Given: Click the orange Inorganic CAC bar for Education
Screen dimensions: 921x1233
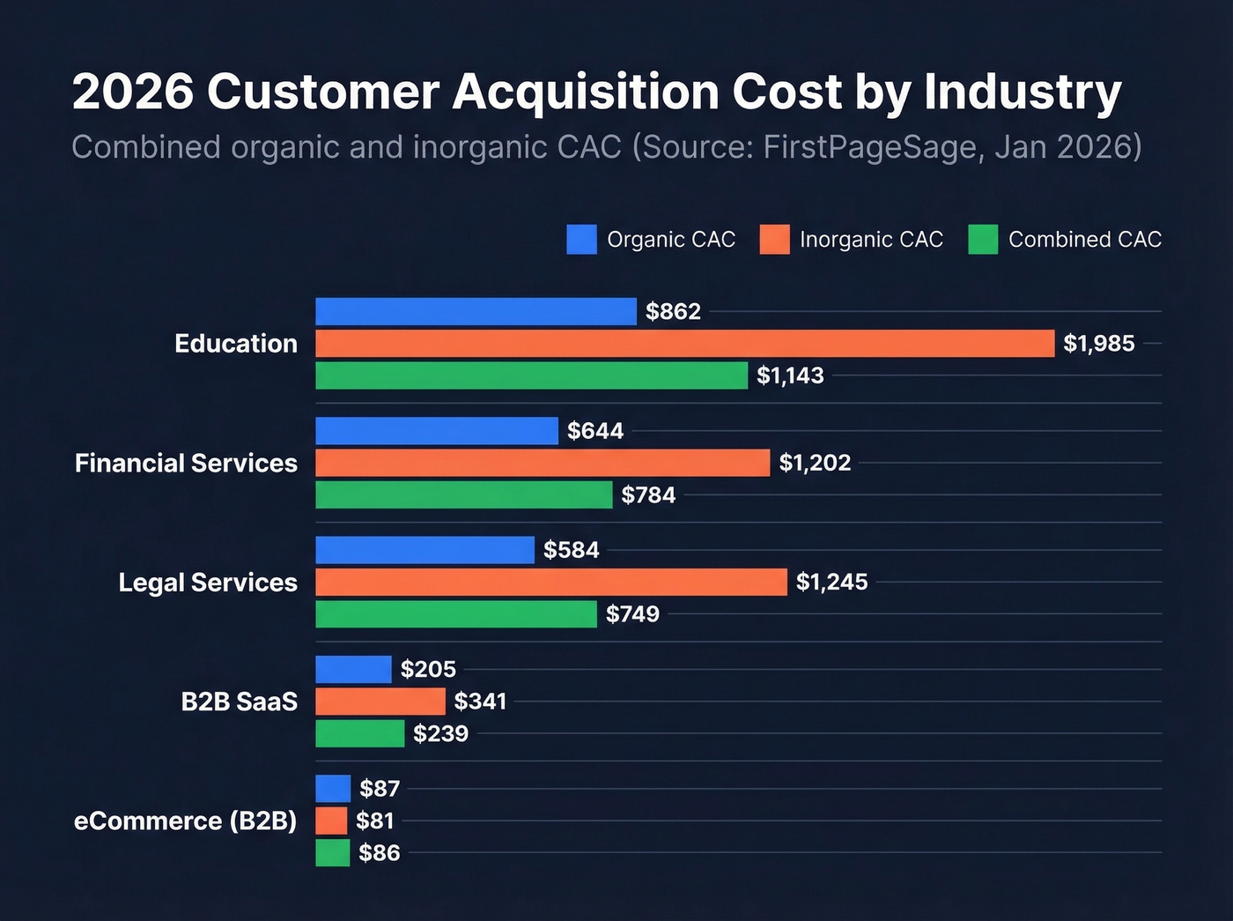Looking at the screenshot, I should [x=684, y=343].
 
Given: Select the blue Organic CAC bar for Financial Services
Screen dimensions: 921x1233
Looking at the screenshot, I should [x=437, y=431].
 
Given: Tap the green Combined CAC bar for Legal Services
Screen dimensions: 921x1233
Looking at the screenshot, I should [x=456, y=614].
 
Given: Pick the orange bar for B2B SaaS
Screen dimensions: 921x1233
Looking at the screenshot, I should [x=380, y=702].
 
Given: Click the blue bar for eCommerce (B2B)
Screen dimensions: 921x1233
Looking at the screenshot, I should [x=333, y=788].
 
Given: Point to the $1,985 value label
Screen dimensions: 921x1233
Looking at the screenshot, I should [x=1098, y=343].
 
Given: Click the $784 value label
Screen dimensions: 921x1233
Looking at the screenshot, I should [x=648, y=494].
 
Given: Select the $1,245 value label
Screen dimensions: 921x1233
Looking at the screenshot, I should [x=831, y=582].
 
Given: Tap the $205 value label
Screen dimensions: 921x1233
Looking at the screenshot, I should [x=428, y=669].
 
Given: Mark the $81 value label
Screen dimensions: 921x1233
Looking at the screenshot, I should [x=374, y=821].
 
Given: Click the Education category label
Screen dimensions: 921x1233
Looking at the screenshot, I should [x=236, y=343].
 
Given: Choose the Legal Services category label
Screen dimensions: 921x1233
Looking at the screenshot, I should [x=208, y=583].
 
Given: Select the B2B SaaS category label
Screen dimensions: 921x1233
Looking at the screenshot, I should [x=239, y=702].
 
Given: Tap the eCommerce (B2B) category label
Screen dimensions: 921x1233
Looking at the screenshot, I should [x=185, y=821].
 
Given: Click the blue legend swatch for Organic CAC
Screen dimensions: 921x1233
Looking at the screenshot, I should [x=581, y=239].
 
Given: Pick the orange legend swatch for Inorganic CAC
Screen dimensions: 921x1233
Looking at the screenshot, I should [x=774, y=239].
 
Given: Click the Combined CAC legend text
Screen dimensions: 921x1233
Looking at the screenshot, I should [x=1084, y=239].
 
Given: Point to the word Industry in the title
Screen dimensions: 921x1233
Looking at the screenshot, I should [x=1023, y=91].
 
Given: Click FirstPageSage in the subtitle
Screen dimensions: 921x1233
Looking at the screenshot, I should [x=870, y=146].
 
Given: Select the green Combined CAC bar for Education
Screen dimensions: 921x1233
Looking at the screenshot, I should [x=531, y=375].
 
